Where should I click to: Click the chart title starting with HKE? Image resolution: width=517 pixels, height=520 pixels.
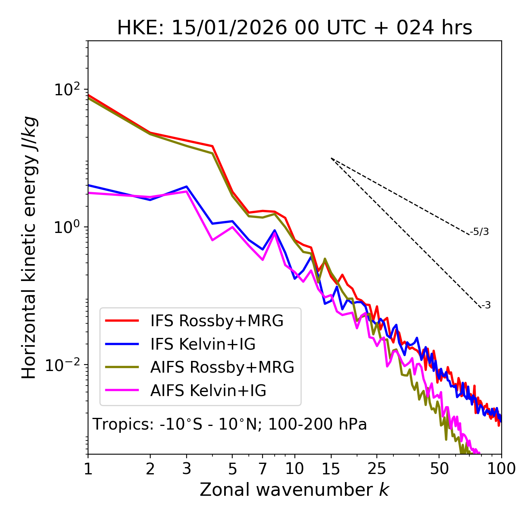click(x=294, y=28)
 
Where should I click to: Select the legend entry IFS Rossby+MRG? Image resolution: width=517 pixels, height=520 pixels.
click(x=216, y=321)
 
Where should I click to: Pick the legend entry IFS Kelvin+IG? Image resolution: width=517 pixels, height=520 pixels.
click(x=203, y=344)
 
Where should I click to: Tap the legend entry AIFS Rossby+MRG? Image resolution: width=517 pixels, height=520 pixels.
click(x=222, y=367)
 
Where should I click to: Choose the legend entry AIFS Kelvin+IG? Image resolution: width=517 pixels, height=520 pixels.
click(x=208, y=391)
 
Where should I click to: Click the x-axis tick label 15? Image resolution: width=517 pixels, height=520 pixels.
click(x=331, y=469)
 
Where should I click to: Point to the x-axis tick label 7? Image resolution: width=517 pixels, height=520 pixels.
click(x=263, y=469)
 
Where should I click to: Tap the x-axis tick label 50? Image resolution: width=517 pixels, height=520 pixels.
click(x=439, y=469)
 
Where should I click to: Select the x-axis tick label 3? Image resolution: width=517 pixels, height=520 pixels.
click(x=187, y=469)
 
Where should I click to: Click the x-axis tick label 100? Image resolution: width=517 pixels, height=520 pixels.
click(x=501, y=469)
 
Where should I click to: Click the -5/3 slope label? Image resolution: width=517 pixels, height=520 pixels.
click(x=479, y=232)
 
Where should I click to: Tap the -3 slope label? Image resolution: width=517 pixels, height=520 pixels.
click(x=486, y=306)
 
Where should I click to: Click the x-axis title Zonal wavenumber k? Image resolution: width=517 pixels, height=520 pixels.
click(x=294, y=490)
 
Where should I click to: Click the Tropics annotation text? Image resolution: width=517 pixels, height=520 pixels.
click(x=229, y=424)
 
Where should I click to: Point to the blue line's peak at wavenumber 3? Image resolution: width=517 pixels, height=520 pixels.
click(x=187, y=187)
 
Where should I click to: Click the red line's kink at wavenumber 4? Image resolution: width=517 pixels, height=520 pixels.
click(x=212, y=146)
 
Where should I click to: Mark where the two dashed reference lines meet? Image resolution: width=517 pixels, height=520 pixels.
click(x=331, y=158)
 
